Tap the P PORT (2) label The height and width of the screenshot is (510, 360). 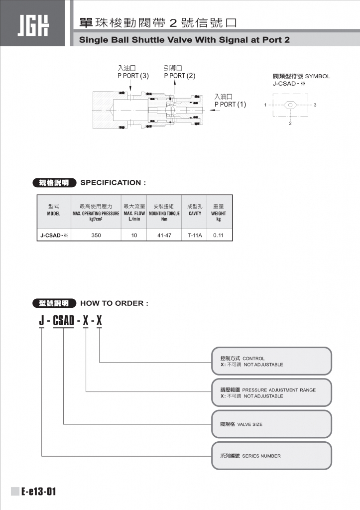(179, 76)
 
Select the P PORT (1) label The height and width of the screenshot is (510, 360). (230, 105)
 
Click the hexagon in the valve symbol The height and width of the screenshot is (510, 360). (290, 105)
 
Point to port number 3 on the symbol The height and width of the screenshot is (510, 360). (315, 105)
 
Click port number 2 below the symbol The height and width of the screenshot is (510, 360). (290, 123)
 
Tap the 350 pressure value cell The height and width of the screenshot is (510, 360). (96, 235)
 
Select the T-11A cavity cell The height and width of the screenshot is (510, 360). (195, 235)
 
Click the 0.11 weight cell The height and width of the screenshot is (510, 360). (218, 235)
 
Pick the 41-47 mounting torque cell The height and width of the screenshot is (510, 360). (164, 235)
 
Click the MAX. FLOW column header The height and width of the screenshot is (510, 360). (134, 213)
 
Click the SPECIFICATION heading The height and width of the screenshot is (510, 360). (113, 183)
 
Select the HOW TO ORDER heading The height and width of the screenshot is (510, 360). (114, 303)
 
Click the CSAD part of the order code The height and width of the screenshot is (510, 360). (63, 320)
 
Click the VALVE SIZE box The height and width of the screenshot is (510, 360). (271, 424)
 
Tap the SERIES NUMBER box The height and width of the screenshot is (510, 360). (271, 456)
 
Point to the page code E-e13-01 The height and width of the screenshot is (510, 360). (39, 492)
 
